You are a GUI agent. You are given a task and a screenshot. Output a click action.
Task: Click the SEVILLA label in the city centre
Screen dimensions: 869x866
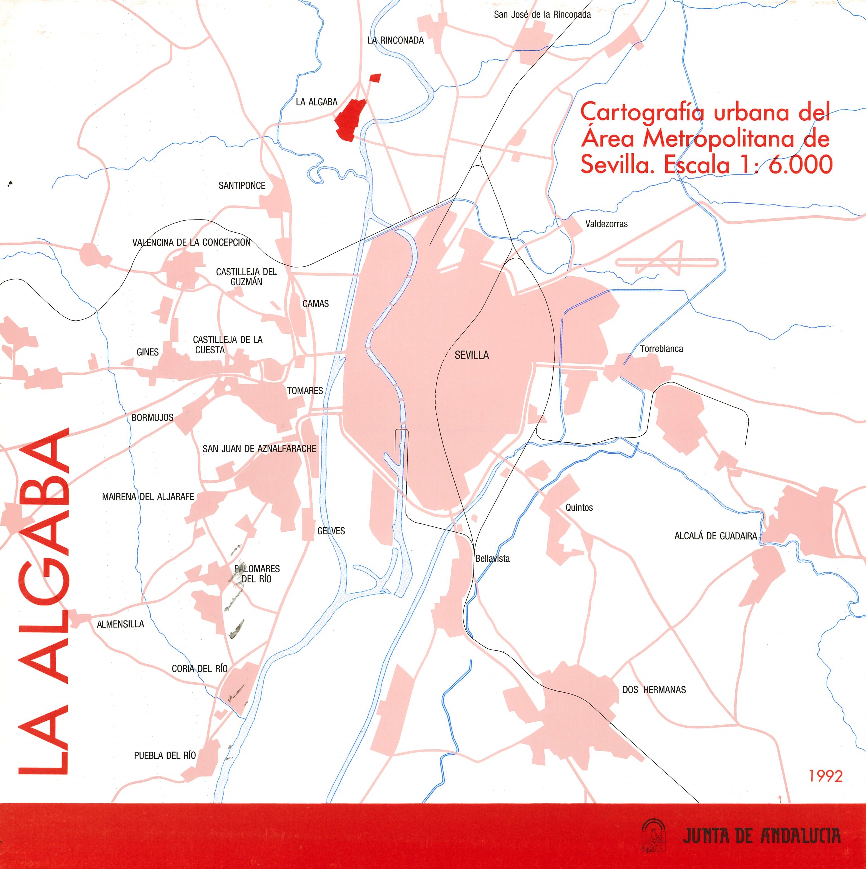tap(471, 355)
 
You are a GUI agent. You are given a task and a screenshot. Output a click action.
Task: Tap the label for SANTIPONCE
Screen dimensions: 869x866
tap(242, 185)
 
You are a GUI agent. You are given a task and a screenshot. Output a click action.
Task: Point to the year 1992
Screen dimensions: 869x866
tap(825, 788)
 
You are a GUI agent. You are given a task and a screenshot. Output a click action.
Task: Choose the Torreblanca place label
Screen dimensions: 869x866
tap(661, 349)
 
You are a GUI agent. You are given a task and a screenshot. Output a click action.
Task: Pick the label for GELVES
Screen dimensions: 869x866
tap(331, 531)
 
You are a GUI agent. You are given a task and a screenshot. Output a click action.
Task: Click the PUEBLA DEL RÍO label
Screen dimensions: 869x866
tap(165, 755)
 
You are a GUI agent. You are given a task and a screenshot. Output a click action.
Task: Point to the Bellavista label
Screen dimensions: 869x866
tap(493, 559)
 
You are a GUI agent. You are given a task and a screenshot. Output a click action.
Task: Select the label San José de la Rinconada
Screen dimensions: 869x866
tap(542, 14)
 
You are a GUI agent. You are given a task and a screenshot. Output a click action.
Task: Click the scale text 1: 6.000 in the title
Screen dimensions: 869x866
tap(786, 165)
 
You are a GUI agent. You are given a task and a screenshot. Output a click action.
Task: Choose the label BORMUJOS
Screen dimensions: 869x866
tap(152, 417)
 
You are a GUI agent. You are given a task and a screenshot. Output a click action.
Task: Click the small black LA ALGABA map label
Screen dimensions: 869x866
tap(316, 102)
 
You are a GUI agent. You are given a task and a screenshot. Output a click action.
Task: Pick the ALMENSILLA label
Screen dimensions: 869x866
tap(120, 624)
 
